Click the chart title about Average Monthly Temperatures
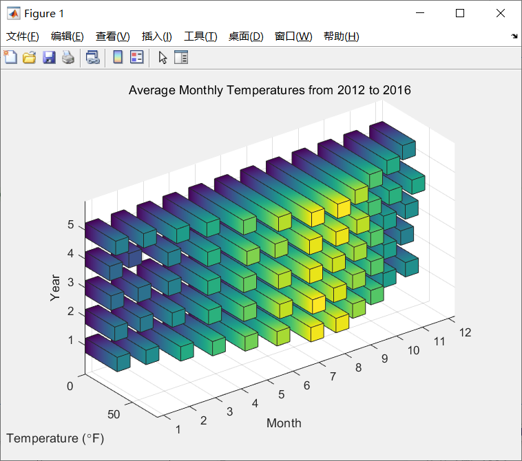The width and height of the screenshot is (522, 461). coord(270,90)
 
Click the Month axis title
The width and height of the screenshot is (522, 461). coord(284,423)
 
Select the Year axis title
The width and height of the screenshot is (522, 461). coord(55,288)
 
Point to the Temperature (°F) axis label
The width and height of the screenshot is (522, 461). coord(55,438)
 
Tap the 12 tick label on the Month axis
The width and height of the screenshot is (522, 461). coord(465,332)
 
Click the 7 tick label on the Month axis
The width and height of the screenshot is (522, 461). coord(333,376)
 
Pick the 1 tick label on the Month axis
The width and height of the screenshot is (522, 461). coord(178,429)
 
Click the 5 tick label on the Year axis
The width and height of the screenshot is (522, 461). coord(70,224)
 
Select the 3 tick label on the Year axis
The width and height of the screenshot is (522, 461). coord(70,282)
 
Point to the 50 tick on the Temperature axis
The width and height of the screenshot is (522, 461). coord(114,414)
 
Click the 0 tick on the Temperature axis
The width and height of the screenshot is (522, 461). coord(70,386)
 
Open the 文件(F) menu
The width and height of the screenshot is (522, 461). coord(23,36)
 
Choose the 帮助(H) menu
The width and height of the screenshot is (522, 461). coord(342,36)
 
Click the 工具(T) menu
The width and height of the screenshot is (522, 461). coord(201,36)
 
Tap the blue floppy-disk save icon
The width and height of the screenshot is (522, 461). coord(49,58)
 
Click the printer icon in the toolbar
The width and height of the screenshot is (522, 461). coord(68,58)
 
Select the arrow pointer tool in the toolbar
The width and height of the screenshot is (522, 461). coord(163,58)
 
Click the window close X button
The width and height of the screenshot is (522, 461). coord(501,13)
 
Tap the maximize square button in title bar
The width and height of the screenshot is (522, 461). coord(460,13)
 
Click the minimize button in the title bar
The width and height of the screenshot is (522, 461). coord(420,13)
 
